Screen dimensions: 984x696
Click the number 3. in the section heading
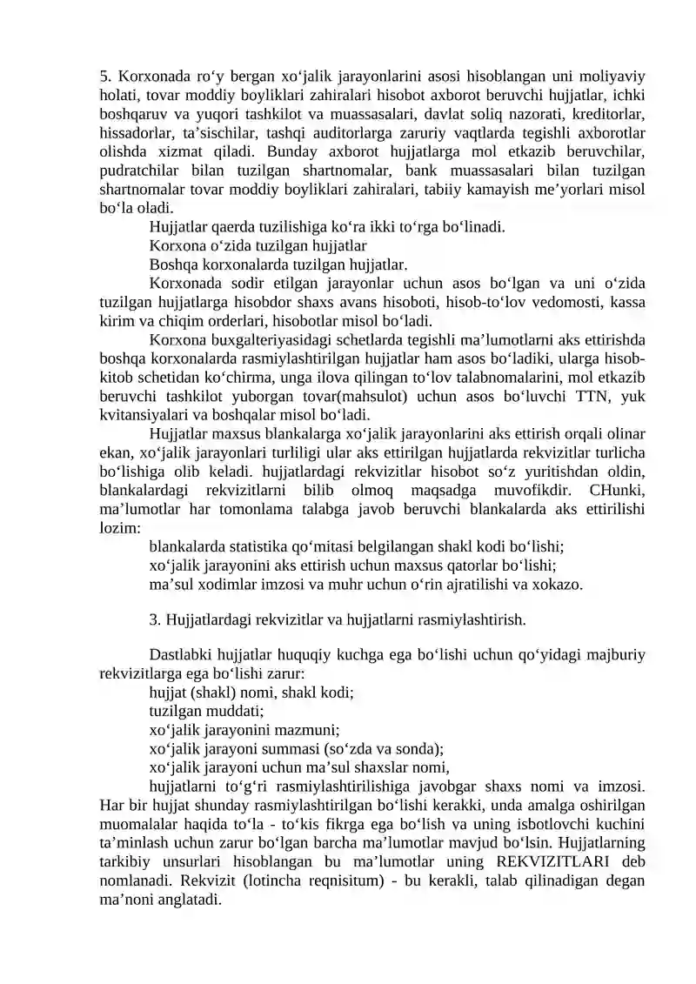pos(155,620)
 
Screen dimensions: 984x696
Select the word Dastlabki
pos(181,655)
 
